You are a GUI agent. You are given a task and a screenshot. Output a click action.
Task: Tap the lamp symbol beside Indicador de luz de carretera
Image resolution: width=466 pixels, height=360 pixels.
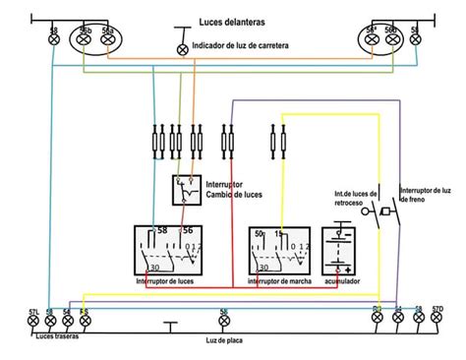pyautogui.click(x=182, y=48)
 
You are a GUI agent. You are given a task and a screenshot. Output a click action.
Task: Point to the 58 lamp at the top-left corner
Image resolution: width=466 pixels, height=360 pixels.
pyautogui.click(x=53, y=40)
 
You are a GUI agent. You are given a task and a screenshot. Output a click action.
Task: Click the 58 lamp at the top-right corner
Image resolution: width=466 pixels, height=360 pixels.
pyautogui.click(x=416, y=40)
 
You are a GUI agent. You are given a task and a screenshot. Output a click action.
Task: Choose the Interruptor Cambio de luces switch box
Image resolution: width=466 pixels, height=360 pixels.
pyautogui.click(x=185, y=189)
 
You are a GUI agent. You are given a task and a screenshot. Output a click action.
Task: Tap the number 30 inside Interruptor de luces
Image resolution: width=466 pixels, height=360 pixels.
pyautogui.click(x=153, y=268)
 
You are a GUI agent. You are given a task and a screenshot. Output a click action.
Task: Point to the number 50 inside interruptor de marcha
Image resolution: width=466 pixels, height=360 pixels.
pyautogui.click(x=260, y=235)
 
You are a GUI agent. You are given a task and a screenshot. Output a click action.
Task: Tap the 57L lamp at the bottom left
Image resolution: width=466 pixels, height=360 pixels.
pyautogui.click(x=33, y=320)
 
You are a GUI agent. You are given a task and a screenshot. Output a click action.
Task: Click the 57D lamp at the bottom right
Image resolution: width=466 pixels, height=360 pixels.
pyautogui.click(x=437, y=320)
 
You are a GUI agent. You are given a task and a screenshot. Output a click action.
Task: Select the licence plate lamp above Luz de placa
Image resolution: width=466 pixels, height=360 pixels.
pyautogui.click(x=224, y=320)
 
